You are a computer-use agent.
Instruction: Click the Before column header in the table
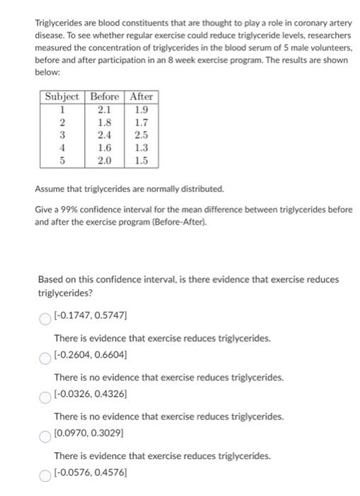click(x=105, y=96)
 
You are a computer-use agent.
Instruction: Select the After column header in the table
click(x=141, y=96)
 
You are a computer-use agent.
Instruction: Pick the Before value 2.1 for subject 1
click(x=105, y=109)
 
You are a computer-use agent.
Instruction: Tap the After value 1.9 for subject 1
click(x=142, y=109)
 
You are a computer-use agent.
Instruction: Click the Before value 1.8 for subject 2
click(x=105, y=122)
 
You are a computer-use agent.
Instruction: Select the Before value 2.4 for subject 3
click(x=105, y=135)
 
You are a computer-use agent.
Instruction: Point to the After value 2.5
click(x=142, y=135)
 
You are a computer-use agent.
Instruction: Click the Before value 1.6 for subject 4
click(x=105, y=147)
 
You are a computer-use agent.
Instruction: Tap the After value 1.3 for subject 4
click(x=142, y=147)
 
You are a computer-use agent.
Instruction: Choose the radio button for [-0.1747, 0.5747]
click(x=45, y=320)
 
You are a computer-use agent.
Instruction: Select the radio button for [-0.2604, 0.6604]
click(x=45, y=359)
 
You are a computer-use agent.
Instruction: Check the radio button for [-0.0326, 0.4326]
click(x=45, y=398)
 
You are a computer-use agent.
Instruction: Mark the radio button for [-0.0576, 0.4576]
click(x=45, y=476)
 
